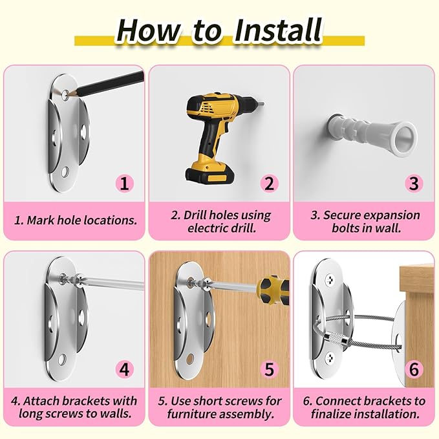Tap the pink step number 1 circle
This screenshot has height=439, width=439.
[125, 184]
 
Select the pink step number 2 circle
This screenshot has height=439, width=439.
[270, 184]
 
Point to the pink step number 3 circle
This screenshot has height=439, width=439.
[414, 184]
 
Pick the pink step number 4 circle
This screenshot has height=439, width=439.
[125, 369]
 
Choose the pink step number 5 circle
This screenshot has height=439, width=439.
[270, 369]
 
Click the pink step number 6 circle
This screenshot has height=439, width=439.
[414, 369]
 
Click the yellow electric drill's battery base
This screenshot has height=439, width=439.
[209, 173]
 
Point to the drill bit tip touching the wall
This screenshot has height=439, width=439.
[263, 104]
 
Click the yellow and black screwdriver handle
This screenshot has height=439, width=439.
[273, 290]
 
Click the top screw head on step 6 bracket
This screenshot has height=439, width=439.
[330, 279]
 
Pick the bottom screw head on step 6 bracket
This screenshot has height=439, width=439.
[330, 357]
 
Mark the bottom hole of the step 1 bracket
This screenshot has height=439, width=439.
[65, 171]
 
